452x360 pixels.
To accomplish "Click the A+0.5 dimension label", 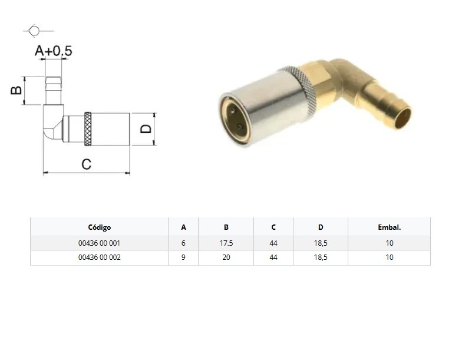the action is (53, 51).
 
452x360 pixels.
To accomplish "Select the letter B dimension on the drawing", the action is (16, 90).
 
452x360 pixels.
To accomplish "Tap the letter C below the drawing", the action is (87, 164).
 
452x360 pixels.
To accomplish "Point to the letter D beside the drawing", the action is (146, 129).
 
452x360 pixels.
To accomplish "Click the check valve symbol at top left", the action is (35, 31).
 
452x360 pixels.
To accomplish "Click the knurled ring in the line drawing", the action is (88, 129).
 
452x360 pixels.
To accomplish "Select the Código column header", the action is (100, 227).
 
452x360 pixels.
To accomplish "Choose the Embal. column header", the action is (389, 227).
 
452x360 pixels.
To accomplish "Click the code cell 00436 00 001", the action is (99, 243).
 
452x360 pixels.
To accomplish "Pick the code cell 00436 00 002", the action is (100, 257).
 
